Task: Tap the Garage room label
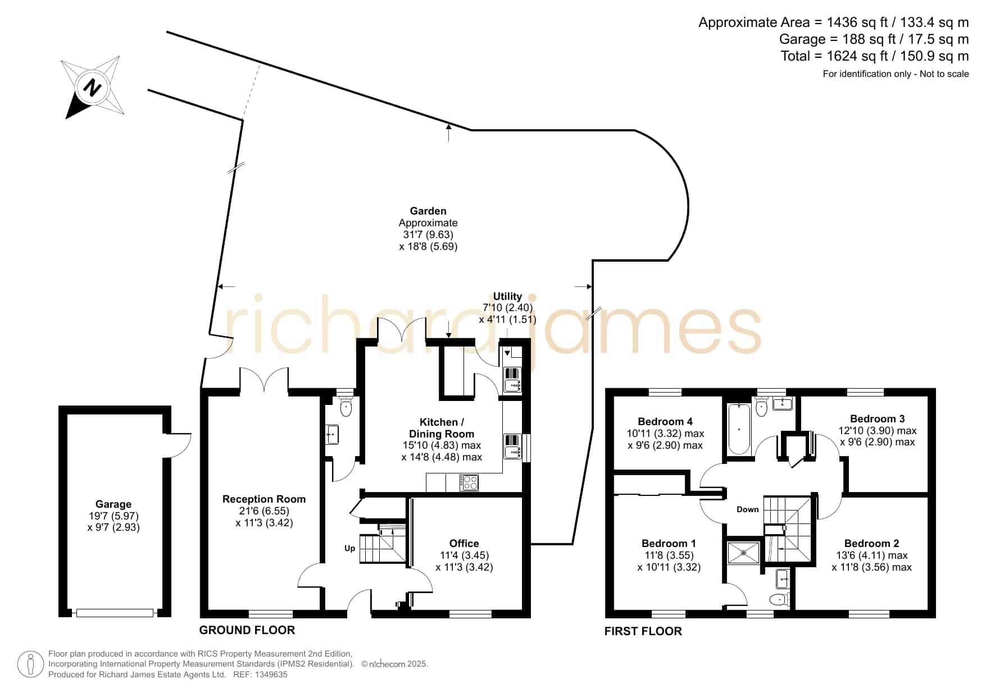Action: pos(113,504)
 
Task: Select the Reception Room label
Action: pos(264,499)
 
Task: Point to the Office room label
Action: pos(464,543)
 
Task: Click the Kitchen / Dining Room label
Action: pos(442,428)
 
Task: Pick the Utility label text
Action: pos(507,296)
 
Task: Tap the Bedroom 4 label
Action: pos(665,421)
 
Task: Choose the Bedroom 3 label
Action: pos(878,418)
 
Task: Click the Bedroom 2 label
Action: pos(871,543)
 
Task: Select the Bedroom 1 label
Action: pos(669,543)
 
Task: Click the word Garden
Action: pos(428,211)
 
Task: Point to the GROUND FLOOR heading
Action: pos(247,630)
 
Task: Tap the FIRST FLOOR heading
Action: pos(643,631)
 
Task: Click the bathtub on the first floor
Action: pos(739,429)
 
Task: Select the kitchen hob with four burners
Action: pos(469,482)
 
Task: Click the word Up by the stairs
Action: pos(349,548)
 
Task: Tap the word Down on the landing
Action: pos(748,509)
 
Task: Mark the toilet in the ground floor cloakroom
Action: pos(346,406)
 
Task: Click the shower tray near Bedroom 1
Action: pos(743,552)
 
